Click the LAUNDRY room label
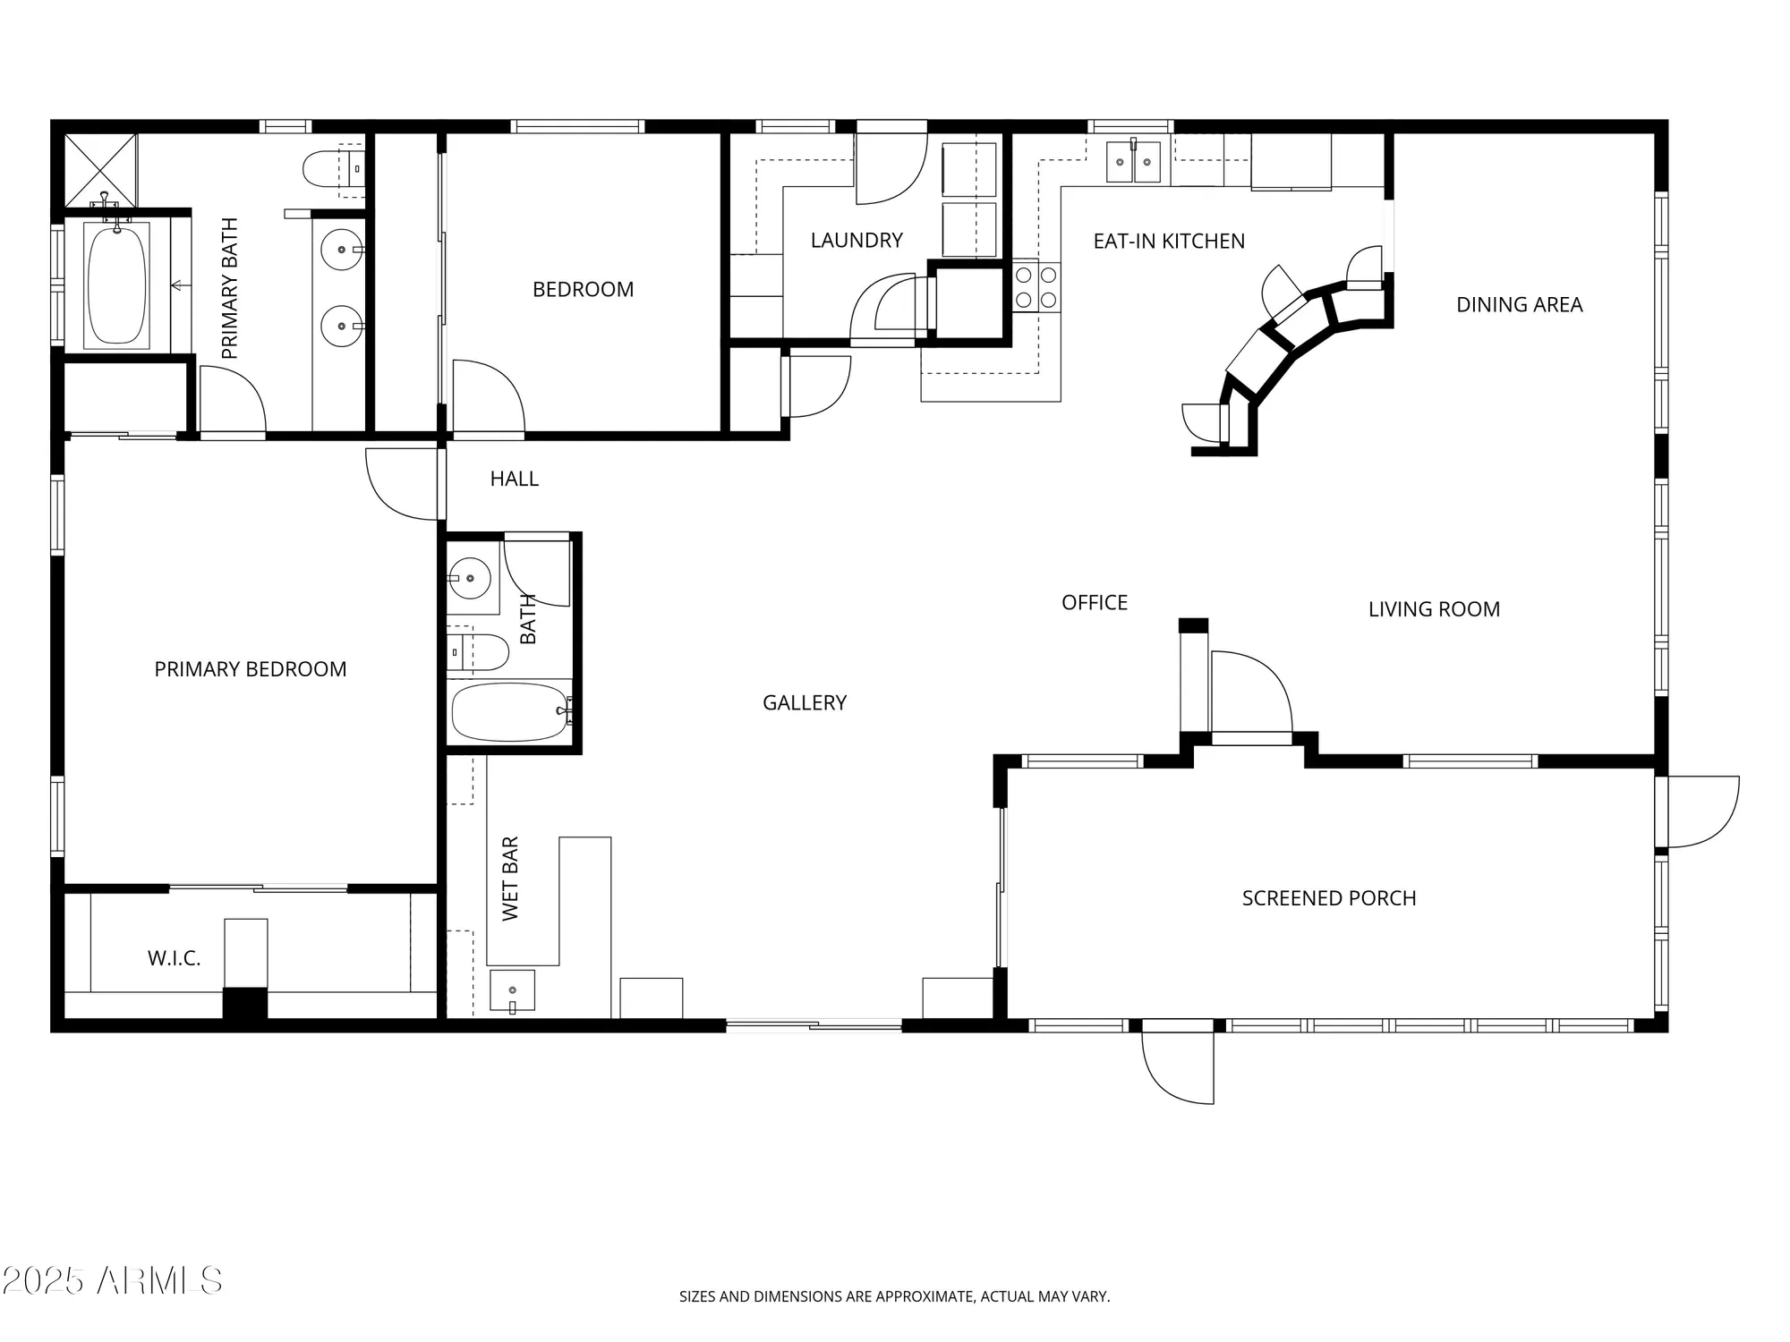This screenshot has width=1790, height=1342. pos(857,240)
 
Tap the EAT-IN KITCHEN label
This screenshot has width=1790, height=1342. pos(1169,241)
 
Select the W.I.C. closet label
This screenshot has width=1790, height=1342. pos(174,958)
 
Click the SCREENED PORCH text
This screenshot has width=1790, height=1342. pos(1329,898)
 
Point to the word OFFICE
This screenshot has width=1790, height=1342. pos(1094,603)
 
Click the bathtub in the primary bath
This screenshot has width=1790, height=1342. pos(116,285)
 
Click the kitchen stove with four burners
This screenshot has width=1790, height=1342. pos(1036,287)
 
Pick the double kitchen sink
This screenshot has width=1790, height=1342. pos(1133,162)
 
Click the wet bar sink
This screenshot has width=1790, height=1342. pos(512,990)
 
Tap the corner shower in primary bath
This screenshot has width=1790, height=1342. pos(100,170)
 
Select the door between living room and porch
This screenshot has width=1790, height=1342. pos(1250,694)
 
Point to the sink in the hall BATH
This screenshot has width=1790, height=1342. pos(469,578)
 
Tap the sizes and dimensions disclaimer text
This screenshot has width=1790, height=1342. pos(894,1296)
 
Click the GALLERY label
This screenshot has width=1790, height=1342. pos(804,703)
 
